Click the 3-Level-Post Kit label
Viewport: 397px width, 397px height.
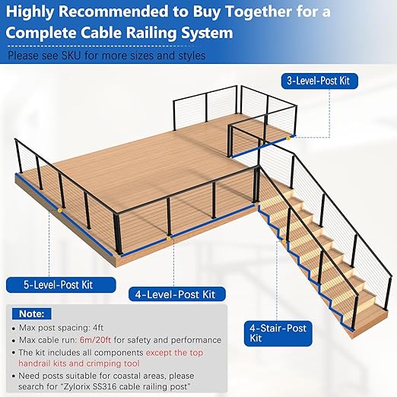[x=328, y=79]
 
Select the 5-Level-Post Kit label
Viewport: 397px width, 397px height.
[x=60, y=285]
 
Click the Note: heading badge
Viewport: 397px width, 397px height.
[x=32, y=313]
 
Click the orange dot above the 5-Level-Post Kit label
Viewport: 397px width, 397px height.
[x=58, y=208]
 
